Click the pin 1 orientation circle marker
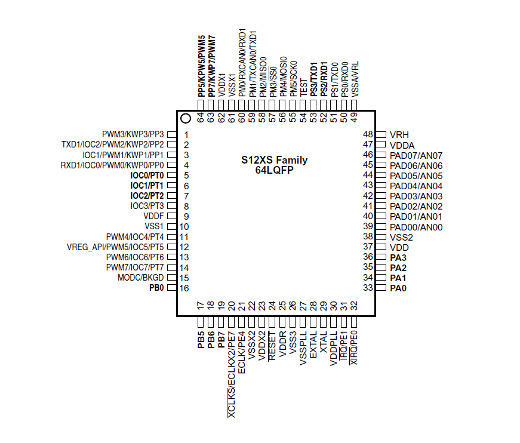[x=185, y=119]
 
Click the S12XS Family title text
[x=275, y=160]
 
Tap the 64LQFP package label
[x=275, y=170]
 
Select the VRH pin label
[x=399, y=135]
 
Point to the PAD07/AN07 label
[x=416, y=155]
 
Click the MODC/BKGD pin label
[x=140, y=278]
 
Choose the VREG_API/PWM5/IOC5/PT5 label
[x=116, y=247]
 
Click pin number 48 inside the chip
[x=368, y=135]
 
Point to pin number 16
[x=184, y=288]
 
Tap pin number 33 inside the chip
[x=368, y=288]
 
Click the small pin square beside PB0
[x=171, y=288]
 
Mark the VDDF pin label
[x=153, y=216]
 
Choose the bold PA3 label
[x=398, y=257]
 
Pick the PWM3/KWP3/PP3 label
[x=133, y=134]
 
